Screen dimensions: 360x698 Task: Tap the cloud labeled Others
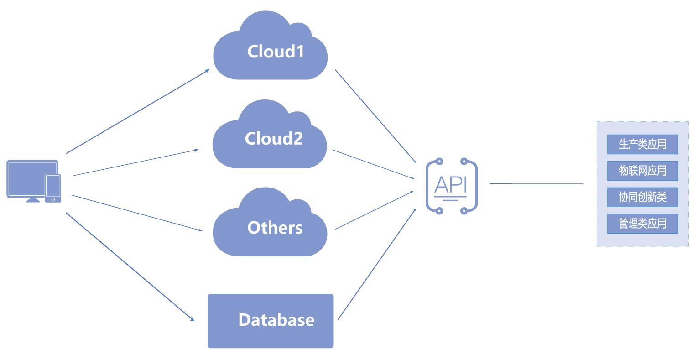(270, 227)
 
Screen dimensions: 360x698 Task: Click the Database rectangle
(271, 321)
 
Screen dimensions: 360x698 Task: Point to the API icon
(451, 186)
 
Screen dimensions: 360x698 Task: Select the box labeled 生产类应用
(642, 144)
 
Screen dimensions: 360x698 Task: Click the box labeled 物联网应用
(642, 171)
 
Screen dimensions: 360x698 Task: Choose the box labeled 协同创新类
(642, 197)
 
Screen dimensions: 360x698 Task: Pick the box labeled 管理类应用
(642, 224)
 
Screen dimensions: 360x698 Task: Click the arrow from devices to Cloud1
(137, 112)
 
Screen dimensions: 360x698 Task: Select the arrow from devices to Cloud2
(135, 162)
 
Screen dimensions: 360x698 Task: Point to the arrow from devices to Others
(137, 213)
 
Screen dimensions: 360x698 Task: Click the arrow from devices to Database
(130, 266)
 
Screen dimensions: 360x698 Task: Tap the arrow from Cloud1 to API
(375, 116)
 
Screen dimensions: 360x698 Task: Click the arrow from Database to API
(377, 264)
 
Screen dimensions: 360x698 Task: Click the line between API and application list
(537, 183)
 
